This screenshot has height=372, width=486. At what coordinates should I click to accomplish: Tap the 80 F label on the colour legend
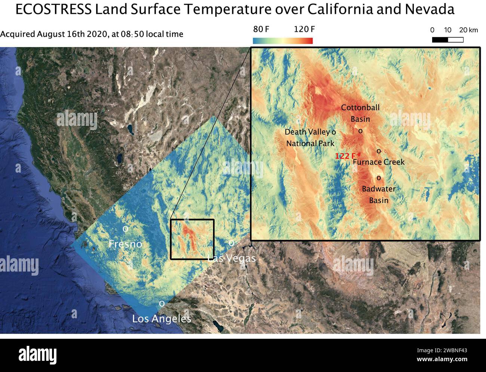261,30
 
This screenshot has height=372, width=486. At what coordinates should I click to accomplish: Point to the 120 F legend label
304,30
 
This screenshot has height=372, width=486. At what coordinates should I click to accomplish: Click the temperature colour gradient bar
283,41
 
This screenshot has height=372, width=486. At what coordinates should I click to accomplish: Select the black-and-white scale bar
447,40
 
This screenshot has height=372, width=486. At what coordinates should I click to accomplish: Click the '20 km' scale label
468,30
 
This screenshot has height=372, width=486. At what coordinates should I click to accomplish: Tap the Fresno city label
125,244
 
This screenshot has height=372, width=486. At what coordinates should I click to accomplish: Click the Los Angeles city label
162,319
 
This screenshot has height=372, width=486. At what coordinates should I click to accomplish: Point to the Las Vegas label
232,258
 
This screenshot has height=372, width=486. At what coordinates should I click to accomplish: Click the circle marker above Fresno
126,228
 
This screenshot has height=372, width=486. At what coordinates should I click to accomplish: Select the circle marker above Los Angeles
162,304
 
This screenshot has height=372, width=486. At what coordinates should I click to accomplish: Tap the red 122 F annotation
345,156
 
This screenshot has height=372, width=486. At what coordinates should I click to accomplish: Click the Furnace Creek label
378,162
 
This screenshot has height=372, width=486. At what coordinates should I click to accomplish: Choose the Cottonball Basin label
360,113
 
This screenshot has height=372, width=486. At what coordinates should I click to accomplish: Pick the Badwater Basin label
378,195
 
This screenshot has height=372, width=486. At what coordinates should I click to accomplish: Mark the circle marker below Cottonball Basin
360,131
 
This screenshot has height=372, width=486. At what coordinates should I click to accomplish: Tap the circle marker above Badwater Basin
379,178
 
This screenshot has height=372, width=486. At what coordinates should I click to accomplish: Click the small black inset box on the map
192,239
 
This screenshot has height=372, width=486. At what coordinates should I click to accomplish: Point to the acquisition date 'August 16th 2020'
71,34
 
